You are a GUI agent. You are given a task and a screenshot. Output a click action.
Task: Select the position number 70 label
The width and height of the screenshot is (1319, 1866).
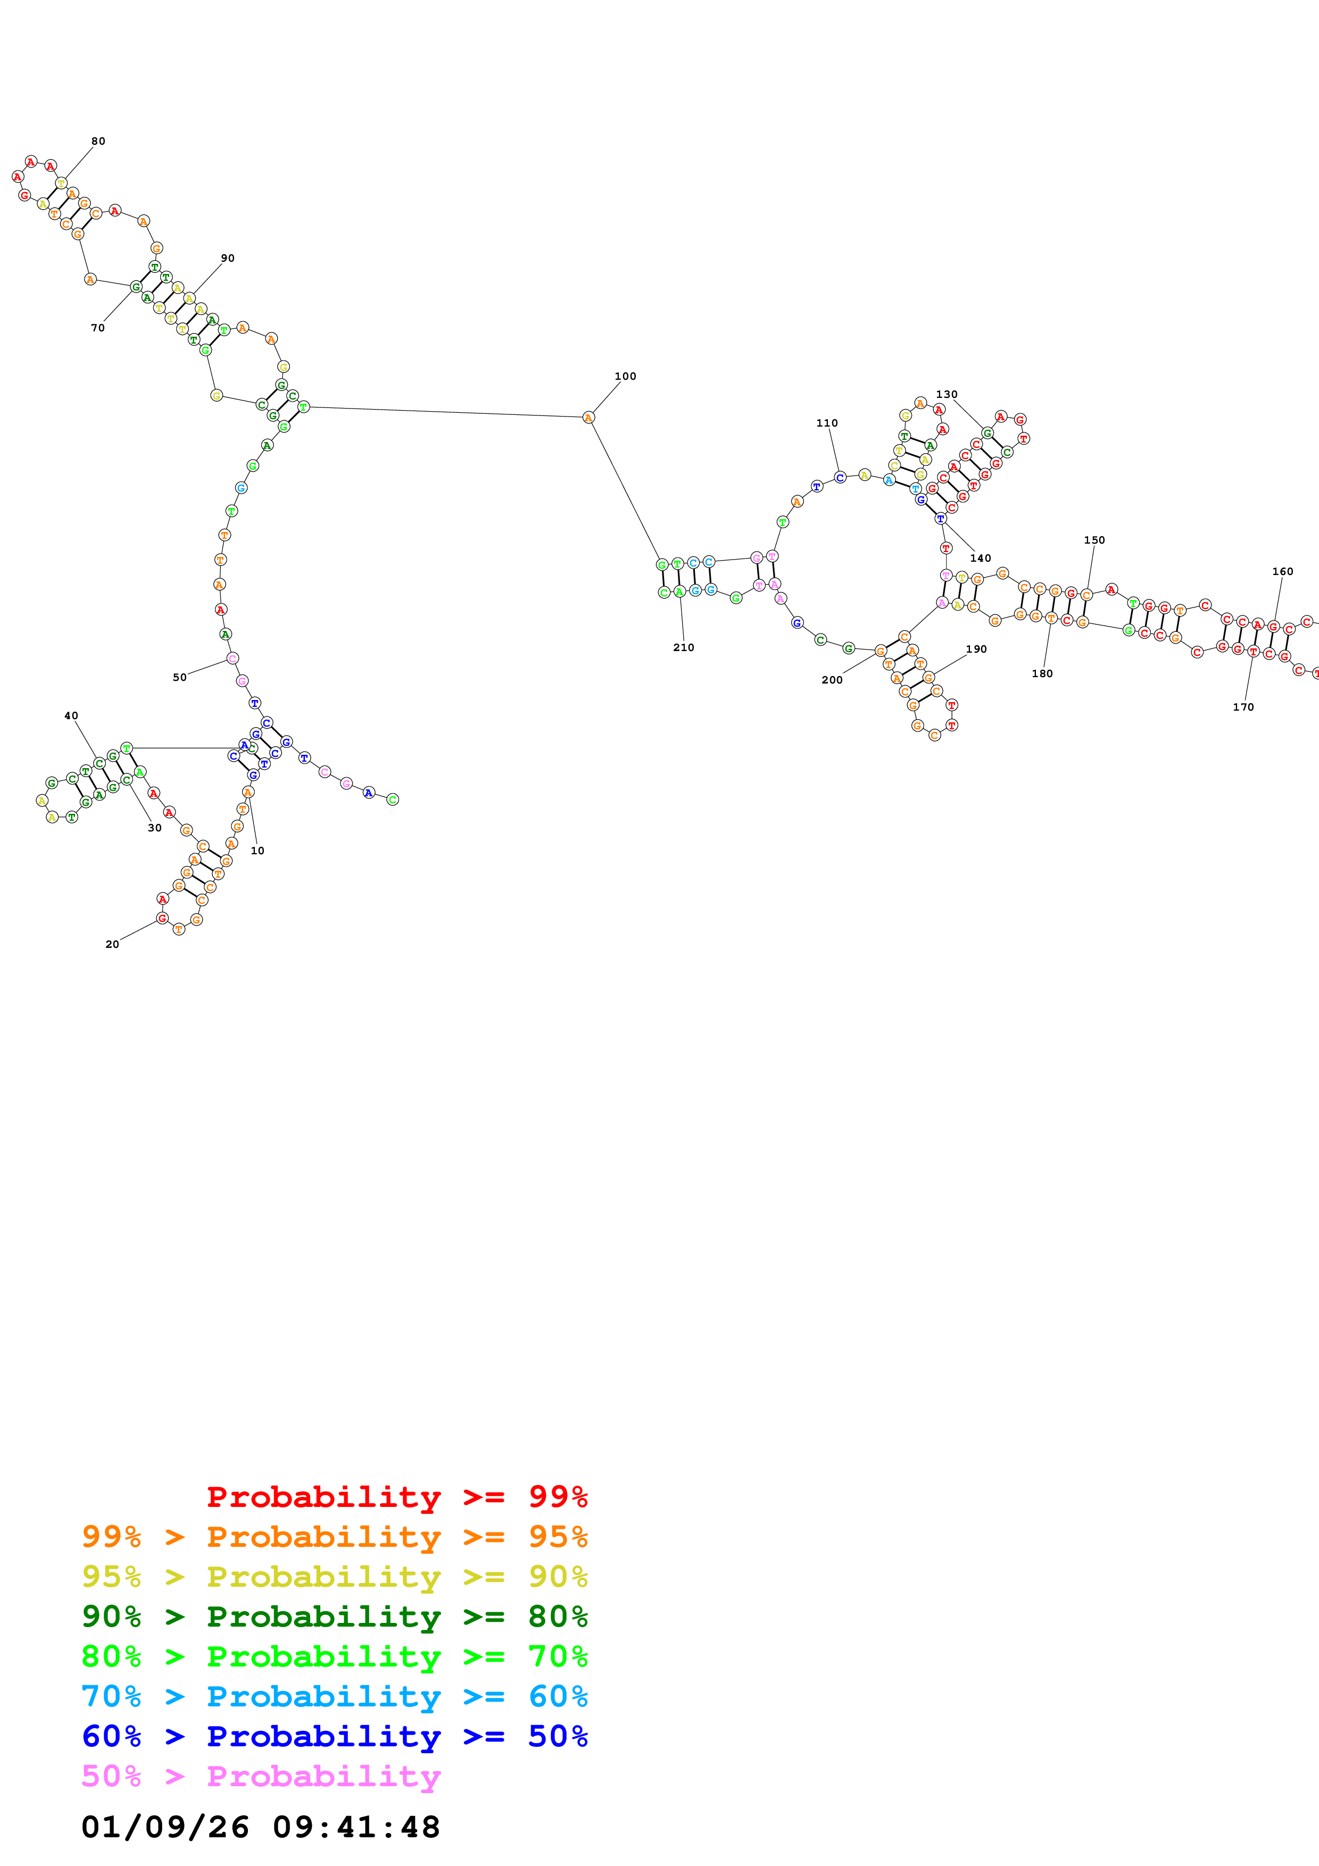[x=97, y=328]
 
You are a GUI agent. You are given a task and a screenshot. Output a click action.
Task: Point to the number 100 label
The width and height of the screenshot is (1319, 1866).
[x=625, y=376]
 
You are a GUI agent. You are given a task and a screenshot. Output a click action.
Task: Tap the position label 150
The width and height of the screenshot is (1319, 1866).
[x=1094, y=540]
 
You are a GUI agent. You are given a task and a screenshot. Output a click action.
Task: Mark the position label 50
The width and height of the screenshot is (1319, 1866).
[x=180, y=678]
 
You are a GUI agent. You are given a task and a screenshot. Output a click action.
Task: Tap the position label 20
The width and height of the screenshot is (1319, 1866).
[x=112, y=944]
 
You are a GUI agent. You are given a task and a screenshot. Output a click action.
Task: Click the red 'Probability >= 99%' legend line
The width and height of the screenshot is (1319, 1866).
[x=396, y=1497]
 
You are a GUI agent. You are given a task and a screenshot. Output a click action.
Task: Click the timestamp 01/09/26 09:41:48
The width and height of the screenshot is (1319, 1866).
[x=260, y=1828]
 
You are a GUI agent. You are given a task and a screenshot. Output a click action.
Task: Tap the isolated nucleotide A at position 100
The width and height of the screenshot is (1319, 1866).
[x=588, y=418]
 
